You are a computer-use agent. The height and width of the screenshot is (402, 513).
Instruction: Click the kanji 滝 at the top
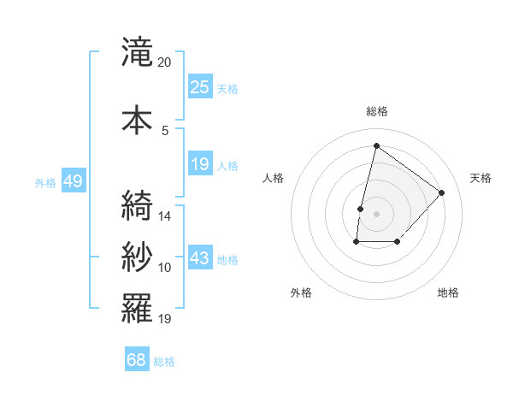pyautogui.click(x=137, y=53)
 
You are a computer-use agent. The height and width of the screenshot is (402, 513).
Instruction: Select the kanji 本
pyautogui.click(x=137, y=120)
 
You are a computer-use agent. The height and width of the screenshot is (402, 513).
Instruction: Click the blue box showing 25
pyautogui.click(x=200, y=87)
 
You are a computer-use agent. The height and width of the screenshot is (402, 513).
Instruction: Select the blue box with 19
pyautogui.click(x=200, y=164)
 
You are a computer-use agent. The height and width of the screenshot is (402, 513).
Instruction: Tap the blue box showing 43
pyautogui.click(x=200, y=258)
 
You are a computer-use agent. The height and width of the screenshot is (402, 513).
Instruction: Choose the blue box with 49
pyautogui.click(x=72, y=181)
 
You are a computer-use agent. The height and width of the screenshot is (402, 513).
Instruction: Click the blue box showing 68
pyautogui.click(x=137, y=360)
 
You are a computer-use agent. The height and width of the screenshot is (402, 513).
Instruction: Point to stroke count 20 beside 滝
pyautogui.click(x=165, y=62)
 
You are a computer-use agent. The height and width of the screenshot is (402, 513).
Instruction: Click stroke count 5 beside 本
pyautogui.click(x=165, y=130)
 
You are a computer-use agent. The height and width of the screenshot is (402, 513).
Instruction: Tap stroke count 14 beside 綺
pyautogui.click(x=165, y=216)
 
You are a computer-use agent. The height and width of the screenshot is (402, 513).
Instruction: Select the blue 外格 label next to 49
pyautogui.click(x=45, y=182)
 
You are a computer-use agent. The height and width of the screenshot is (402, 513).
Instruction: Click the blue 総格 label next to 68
pyautogui.click(x=164, y=362)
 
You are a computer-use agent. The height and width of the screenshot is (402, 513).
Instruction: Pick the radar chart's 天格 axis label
pyautogui.click(x=481, y=178)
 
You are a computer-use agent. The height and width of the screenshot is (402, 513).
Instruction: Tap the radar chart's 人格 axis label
pyautogui.click(x=274, y=178)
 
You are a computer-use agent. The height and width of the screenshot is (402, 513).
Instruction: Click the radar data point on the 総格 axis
pyautogui.click(x=376, y=146)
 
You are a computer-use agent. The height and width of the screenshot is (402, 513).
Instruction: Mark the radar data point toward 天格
pyautogui.click(x=441, y=192)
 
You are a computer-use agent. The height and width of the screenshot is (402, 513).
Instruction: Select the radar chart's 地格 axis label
pyautogui.click(x=448, y=293)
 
